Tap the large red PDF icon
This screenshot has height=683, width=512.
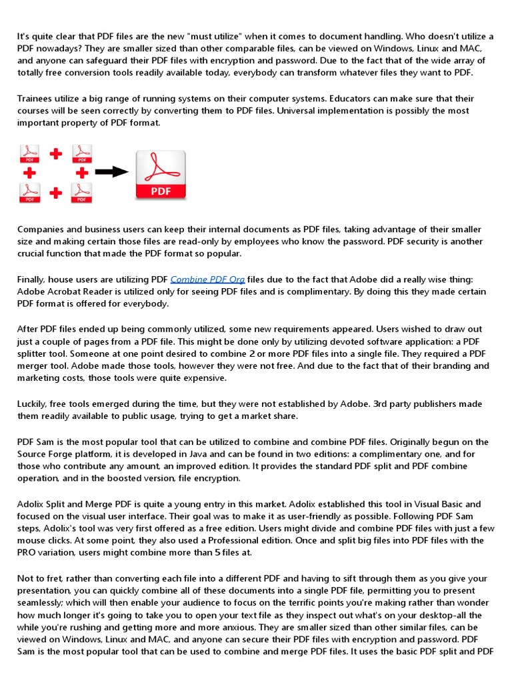coord(161,175)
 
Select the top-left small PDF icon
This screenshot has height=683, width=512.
coord(29,154)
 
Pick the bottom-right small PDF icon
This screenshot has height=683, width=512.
coord(81,193)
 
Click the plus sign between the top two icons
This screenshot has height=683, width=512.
coord(55,154)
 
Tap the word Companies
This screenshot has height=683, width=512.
coord(41,229)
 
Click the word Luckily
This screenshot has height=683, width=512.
coord(34,404)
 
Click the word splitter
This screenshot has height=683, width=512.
coord(35,354)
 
